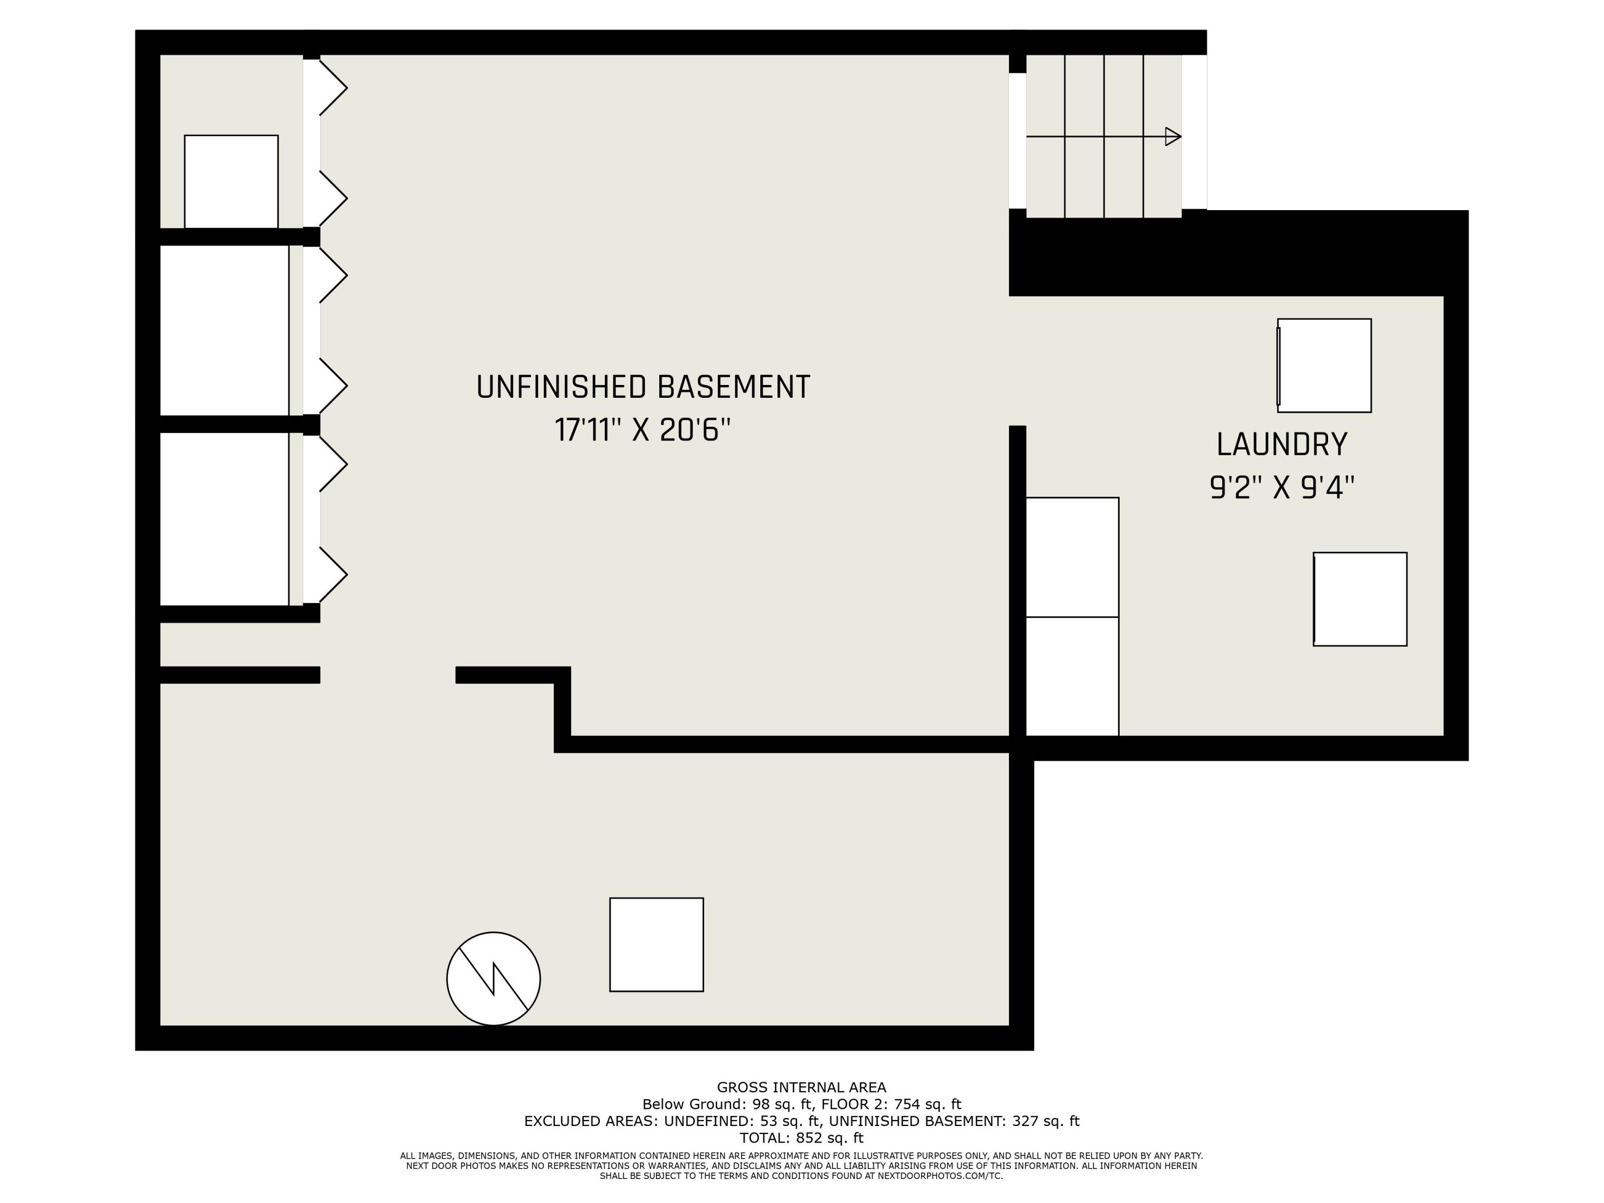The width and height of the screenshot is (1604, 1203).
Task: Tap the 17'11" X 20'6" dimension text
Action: pyautogui.click(x=643, y=430)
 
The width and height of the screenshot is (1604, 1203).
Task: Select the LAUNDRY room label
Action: pyautogui.click(x=1281, y=444)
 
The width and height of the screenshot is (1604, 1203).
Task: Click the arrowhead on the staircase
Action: pyautogui.click(x=1172, y=136)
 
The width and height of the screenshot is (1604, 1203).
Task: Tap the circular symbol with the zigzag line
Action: pyautogui.click(x=493, y=978)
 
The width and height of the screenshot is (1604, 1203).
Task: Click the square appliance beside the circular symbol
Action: pyautogui.click(x=656, y=944)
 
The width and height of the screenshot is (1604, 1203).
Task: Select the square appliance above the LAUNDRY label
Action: pyautogui.click(x=1324, y=366)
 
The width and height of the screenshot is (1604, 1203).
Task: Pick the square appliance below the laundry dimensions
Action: pyautogui.click(x=1360, y=599)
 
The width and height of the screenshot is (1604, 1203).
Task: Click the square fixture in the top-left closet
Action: pyautogui.click(x=232, y=181)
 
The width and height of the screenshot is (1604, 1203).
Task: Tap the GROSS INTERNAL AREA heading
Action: pyautogui.click(x=801, y=1088)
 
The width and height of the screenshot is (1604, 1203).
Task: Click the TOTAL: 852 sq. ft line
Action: pyautogui.click(x=801, y=1138)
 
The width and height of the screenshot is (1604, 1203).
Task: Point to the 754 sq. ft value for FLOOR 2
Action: pyautogui.click(x=928, y=1105)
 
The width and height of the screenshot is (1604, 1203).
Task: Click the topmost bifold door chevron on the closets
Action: pyautogui.click(x=333, y=88)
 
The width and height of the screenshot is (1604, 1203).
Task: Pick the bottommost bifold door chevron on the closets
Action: pyautogui.click(x=333, y=575)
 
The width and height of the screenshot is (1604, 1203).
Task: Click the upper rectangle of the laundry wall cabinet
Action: pyautogui.click(x=1072, y=557)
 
